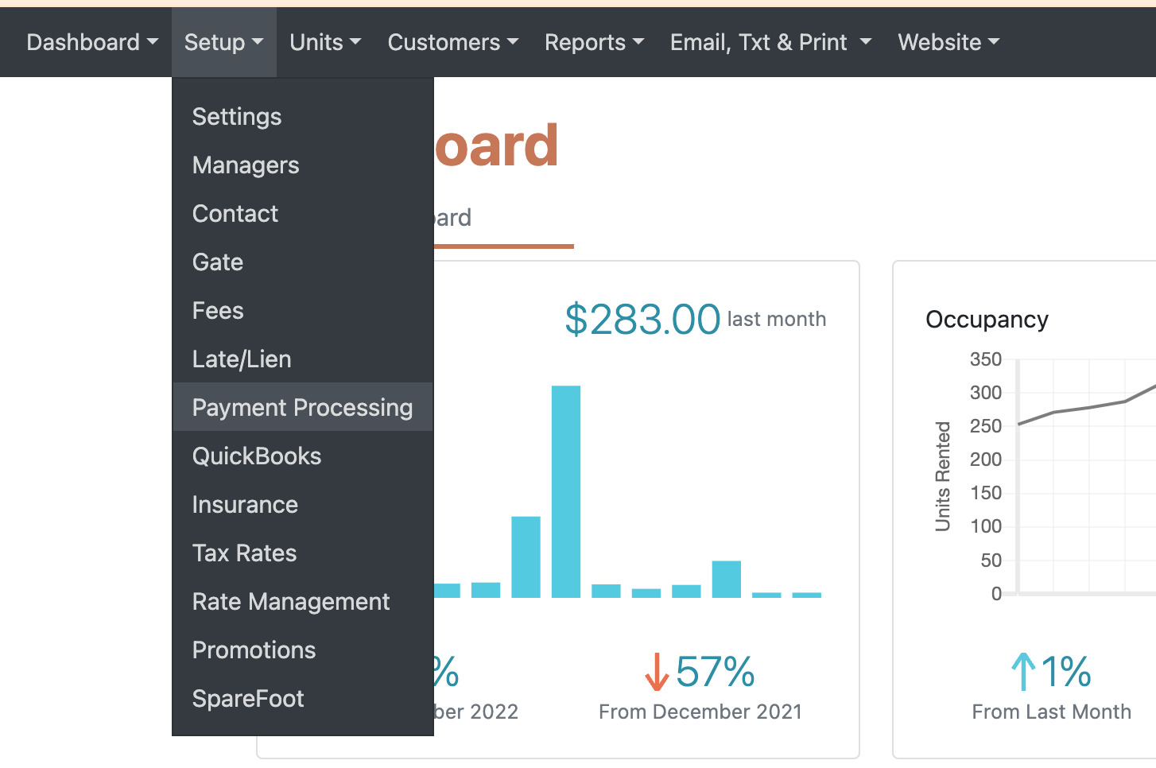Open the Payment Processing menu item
click(x=302, y=408)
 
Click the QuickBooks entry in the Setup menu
click(x=257, y=456)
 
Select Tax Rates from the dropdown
click(x=244, y=553)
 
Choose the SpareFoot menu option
click(x=248, y=699)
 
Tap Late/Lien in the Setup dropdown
click(x=242, y=359)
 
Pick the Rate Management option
click(x=291, y=602)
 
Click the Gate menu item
click(x=218, y=262)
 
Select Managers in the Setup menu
click(x=246, y=165)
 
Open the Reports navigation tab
click(x=594, y=42)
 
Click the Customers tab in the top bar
click(x=452, y=42)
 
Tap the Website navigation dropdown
click(x=948, y=42)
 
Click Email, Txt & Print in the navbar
click(x=770, y=42)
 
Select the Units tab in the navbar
click(x=325, y=42)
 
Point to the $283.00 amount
click(x=642, y=320)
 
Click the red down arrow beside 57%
click(x=657, y=672)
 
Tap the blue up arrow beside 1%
click(x=1023, y=672)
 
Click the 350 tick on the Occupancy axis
click(x=986, y=359)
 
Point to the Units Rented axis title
click(x=943, y=476)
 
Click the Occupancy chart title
click(x=987, y=320)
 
